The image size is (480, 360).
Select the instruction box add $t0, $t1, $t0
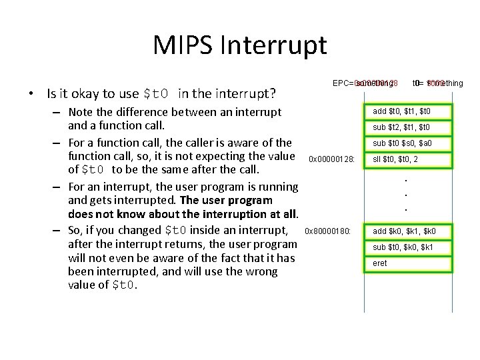pos(407,111)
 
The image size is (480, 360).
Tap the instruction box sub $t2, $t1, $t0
pos(407,127)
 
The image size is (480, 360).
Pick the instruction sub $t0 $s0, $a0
pos(407,143)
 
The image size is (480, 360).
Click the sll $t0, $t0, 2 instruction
pos(407,159)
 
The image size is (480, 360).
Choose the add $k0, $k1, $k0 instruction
pos(407,231)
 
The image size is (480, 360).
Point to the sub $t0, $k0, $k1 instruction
pos(407,247)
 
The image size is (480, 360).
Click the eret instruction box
pos(407,263)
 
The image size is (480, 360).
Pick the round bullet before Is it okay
pos(31,93)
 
